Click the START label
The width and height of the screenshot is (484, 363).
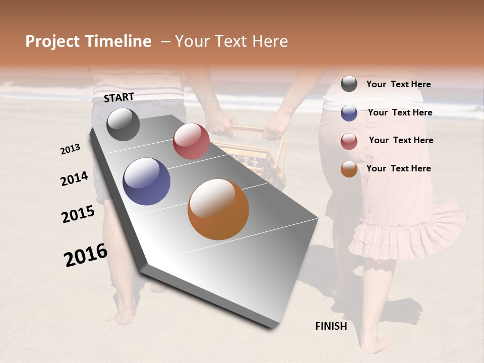(x=119, y=97)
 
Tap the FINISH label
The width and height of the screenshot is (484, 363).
(x=331, y=326)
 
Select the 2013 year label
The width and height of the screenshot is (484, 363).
(x=71, y=149)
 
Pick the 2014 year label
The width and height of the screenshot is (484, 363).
(x=74, y=179)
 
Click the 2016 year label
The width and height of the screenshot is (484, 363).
(x=86, y=255)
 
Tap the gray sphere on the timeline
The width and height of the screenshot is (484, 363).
(x=123, y=124)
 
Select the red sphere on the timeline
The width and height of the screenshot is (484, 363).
(x=191, y=141)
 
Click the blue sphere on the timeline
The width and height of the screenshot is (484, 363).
(x=147, y=181)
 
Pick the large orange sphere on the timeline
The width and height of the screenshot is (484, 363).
(x=218, y=209)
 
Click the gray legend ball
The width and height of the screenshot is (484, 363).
(x=349, y=84)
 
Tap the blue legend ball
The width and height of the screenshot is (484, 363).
(x=349, y=113)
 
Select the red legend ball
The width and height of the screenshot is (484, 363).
(x=349, y=141)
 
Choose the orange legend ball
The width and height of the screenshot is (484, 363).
(x=349, y=169)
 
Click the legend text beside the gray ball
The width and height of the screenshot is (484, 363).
(x=398, y=85)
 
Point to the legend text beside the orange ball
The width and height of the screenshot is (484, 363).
(x=398, y=168)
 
